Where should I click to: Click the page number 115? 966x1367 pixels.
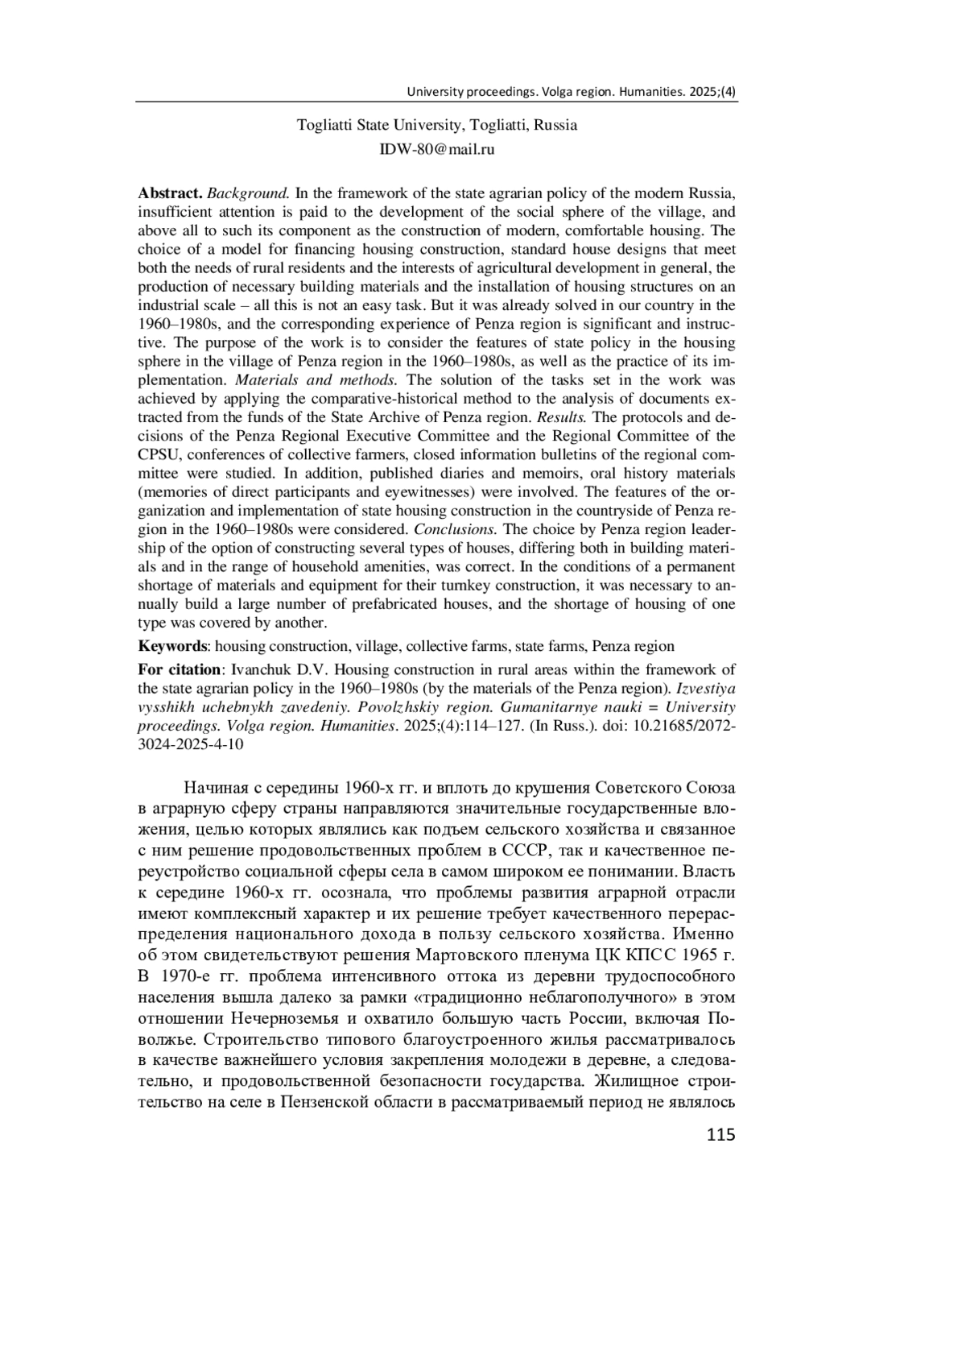[x=720, y=1135]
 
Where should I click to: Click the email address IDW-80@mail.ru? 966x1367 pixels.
[x=436, y=149]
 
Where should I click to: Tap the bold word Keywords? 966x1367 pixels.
[x=172, y=646]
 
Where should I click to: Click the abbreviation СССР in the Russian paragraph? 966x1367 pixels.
[x=525, y=851]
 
